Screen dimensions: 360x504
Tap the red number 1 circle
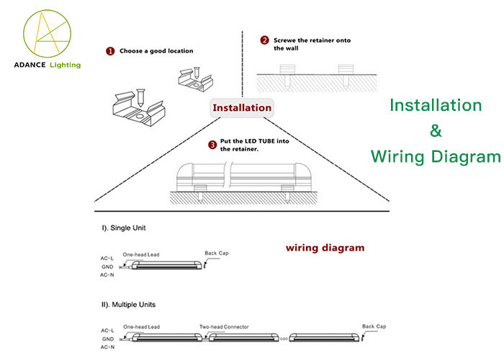(110, 51)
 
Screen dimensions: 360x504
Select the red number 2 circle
(264, 40)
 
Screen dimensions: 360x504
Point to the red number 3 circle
(212, 145)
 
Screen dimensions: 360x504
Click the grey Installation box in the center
(241, 108)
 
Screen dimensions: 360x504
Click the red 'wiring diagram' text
(325, 248)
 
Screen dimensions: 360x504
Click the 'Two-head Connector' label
(224, 327)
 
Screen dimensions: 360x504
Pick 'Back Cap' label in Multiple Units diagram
(374, 325)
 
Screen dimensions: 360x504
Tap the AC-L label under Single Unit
(107, 258)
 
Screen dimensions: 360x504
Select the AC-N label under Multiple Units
(107, 347)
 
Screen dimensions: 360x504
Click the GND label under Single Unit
(108, 266)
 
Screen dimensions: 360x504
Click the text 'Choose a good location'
(157, 51)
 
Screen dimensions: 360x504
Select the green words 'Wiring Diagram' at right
(435, 156)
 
